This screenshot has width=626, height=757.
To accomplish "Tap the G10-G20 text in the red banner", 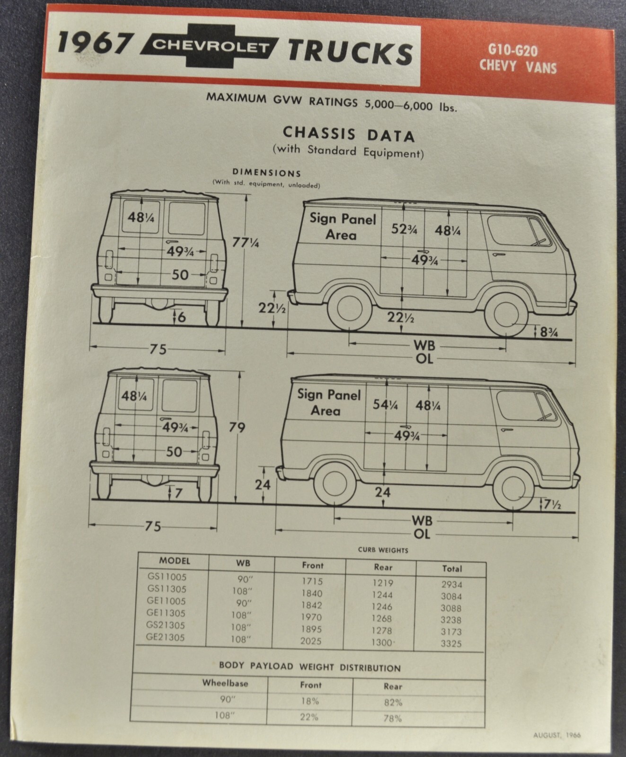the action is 518,50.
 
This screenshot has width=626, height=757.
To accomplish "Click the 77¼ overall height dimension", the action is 245,242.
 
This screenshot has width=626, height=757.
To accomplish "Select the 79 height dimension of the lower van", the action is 237,427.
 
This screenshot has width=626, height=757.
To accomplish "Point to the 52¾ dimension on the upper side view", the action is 404,229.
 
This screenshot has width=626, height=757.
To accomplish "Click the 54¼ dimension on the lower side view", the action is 385,405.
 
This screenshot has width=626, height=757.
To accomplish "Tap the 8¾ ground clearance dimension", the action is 549,332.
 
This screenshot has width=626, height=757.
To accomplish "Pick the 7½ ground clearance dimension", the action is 552,505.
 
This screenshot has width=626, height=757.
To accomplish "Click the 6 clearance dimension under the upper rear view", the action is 181,316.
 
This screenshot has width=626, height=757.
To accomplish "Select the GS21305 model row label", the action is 166,625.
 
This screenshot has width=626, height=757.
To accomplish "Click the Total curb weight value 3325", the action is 451,643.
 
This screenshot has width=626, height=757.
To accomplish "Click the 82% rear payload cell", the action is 393,703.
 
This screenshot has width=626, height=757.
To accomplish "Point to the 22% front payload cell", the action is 309,717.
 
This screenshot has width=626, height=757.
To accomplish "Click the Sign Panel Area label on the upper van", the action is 342,226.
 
